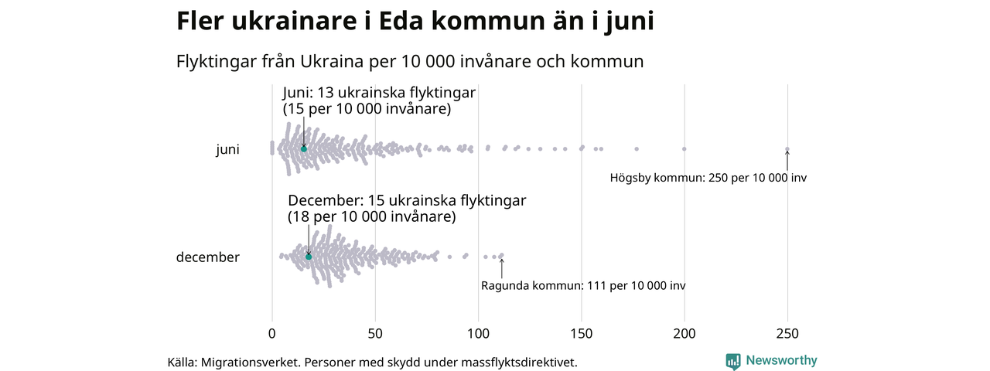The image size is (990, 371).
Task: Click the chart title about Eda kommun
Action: pos(415,22)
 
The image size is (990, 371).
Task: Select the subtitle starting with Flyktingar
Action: pos(410,60)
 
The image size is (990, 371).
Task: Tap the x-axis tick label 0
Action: pos(271,334)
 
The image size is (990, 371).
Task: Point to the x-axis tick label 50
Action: pos(375,334)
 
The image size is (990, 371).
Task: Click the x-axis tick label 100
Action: pos(478,334)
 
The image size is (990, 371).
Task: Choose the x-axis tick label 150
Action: pos(581,334)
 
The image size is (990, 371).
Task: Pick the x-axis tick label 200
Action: pos(684,334)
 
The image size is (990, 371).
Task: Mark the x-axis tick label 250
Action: pos(787,334)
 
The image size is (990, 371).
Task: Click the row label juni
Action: pos(227,150)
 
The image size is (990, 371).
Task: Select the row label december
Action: pos(208,257)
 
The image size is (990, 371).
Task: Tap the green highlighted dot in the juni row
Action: pos(304,148)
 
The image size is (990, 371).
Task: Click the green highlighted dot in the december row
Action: pos(309,256)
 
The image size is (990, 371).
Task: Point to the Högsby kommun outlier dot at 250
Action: pos(787,149)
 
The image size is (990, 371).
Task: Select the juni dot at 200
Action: pos(684,148)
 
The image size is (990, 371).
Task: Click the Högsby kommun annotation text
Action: pos(708,178)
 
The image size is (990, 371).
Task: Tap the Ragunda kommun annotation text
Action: pos(583,286)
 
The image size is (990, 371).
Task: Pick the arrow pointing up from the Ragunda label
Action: pos(501,267)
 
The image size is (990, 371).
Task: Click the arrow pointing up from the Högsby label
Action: pos(787,160)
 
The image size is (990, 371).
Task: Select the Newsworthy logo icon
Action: pos(733,361)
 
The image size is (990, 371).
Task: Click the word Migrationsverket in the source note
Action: pos(250,362)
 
